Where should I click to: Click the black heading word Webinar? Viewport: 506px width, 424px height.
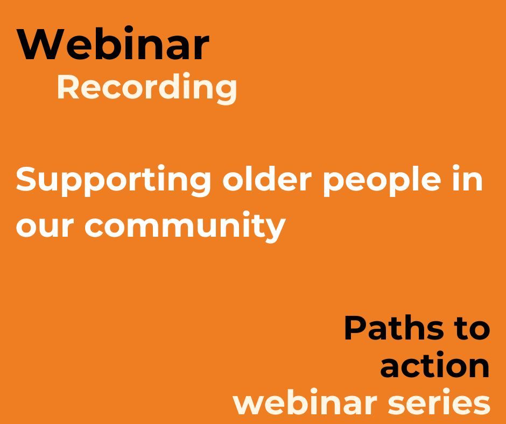[x=113, y=44]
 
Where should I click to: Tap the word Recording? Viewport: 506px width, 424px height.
[x=146, y=87]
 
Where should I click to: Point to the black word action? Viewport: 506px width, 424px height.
[x=435, y=366]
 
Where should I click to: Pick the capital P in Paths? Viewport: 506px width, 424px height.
[x=355, y=328]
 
